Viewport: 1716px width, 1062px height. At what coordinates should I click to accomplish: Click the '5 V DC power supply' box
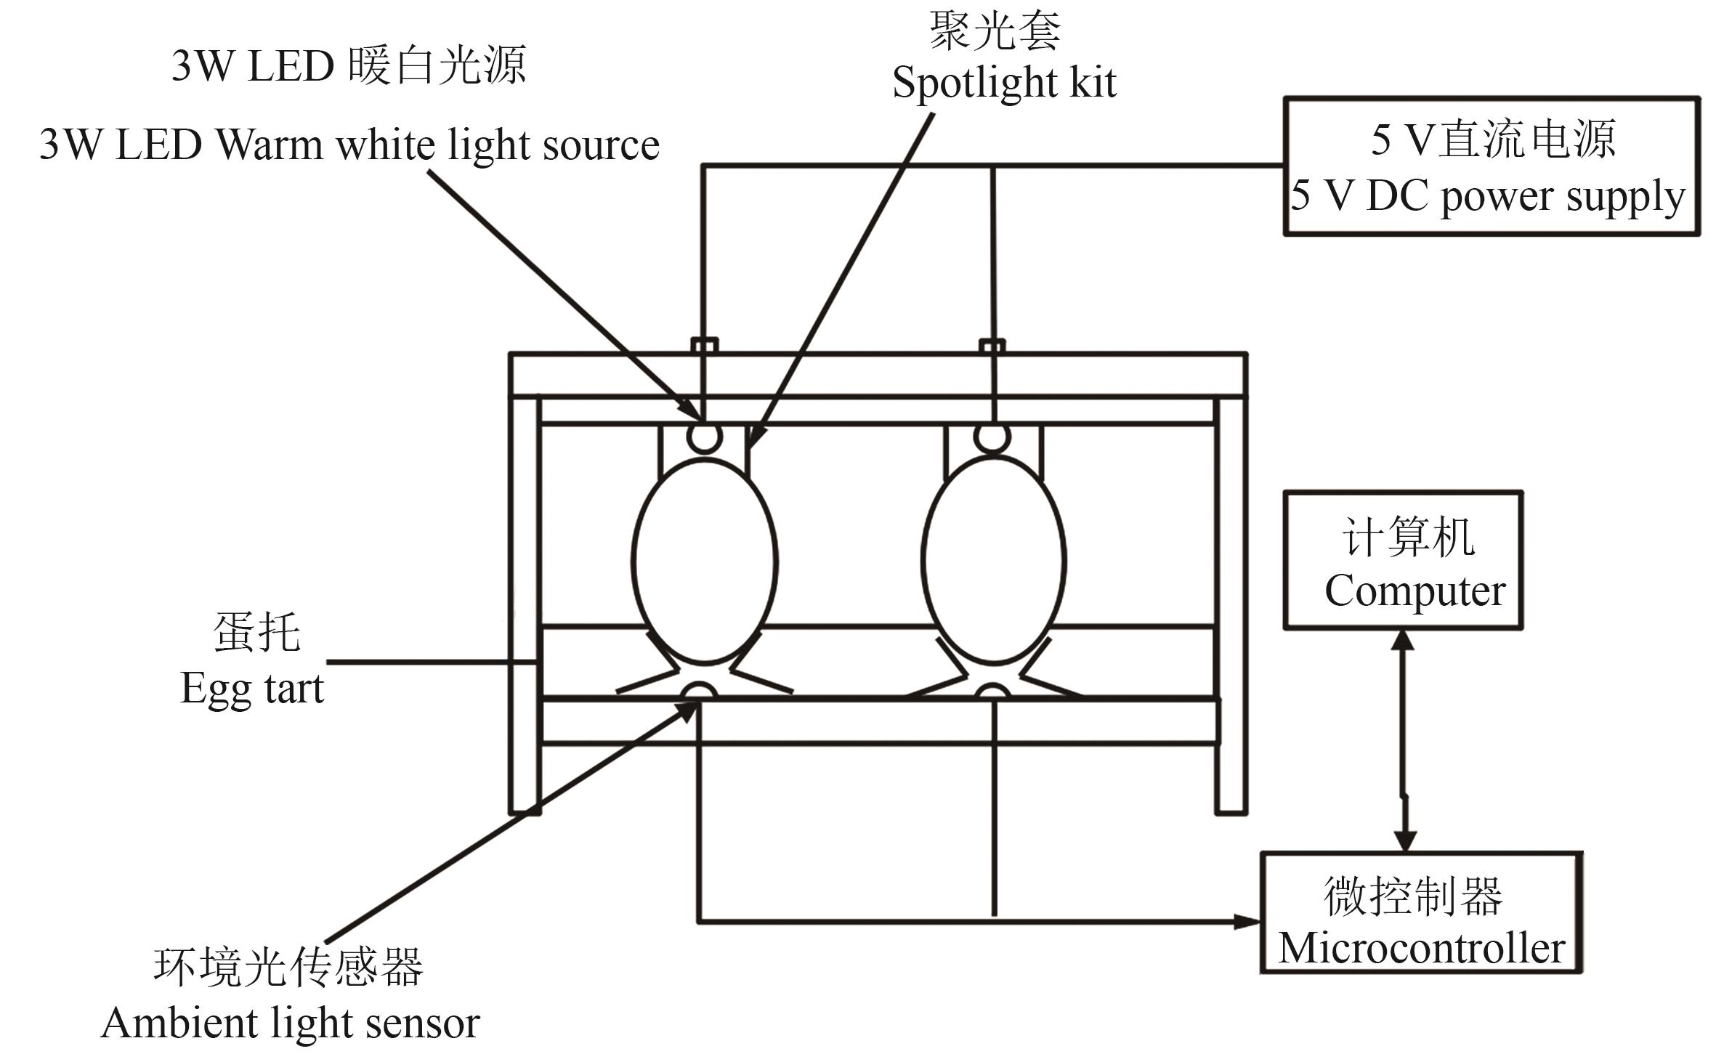1491,166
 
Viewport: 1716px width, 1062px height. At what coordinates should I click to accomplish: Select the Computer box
1402,560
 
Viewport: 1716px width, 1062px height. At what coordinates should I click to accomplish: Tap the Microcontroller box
1420,913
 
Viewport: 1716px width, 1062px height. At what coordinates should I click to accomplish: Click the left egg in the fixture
705,559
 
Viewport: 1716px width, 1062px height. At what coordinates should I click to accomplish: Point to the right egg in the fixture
994,559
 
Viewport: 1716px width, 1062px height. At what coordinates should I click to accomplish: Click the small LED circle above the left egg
704,437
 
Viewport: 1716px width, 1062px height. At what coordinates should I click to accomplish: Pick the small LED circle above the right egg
992,437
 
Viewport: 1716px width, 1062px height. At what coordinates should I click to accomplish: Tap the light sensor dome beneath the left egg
699,691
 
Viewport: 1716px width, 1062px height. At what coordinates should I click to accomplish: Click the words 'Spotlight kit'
1004,82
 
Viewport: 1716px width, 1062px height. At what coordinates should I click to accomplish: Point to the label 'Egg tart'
251,687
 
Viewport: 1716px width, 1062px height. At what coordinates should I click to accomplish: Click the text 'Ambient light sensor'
290,1024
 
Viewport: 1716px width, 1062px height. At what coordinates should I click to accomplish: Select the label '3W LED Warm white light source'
349,145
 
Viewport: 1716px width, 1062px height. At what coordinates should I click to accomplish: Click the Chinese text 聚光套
995,31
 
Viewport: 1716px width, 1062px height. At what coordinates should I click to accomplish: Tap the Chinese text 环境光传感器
288,967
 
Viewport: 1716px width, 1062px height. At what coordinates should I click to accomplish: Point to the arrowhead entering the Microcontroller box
1247,922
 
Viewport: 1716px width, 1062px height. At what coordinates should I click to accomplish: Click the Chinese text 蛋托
256,632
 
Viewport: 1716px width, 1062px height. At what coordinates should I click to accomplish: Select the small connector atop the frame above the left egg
704,345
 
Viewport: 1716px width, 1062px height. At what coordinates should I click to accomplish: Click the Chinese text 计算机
1408,538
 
